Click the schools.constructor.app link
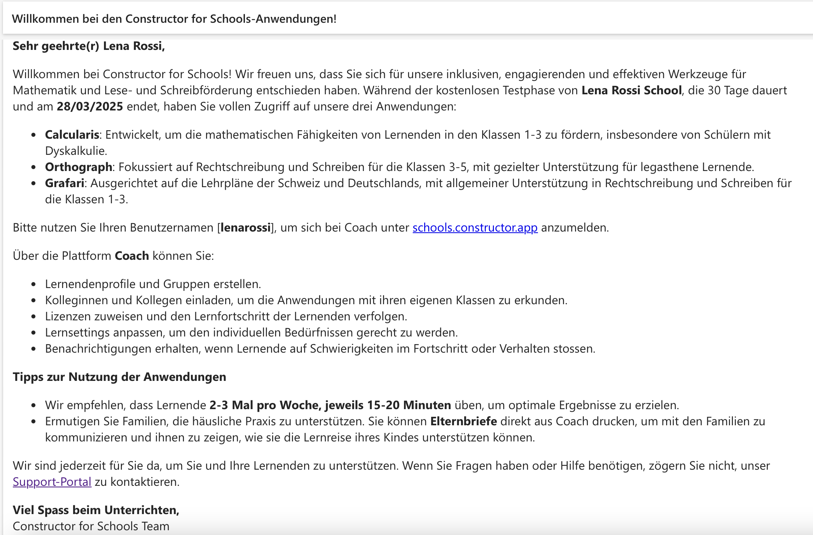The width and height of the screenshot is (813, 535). (x=475, y=228)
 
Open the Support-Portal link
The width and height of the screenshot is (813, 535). (x=52, y=482)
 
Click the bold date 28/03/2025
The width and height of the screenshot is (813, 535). (x=90, y=107)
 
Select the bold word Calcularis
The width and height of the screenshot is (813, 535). (x=72, y=135)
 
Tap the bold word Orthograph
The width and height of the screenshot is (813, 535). (x=79, y=167)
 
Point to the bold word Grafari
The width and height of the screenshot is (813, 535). (x=65, y=183)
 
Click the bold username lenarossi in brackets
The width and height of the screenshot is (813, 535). (x=245, y=228)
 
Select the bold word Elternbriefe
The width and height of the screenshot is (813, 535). (x=463, y=421)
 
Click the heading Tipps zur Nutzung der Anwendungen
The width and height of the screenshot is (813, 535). (x=119, y=377)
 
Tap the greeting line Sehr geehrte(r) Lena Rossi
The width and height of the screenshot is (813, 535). (x=88, y=46)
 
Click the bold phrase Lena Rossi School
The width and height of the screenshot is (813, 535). (x=631, y=91)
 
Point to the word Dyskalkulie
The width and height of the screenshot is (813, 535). (x=76, y=151)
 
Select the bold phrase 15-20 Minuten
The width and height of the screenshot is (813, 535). (x=409, y=405)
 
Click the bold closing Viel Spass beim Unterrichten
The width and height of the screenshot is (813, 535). (x=96, y=510)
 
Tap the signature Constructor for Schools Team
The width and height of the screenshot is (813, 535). (x=91, y=526)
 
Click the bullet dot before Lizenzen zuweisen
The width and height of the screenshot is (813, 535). (x=34, y=317)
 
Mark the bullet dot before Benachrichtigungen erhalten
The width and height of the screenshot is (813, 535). (x=34, y=349)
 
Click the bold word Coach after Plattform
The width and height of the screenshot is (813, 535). (x=132, y=256)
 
